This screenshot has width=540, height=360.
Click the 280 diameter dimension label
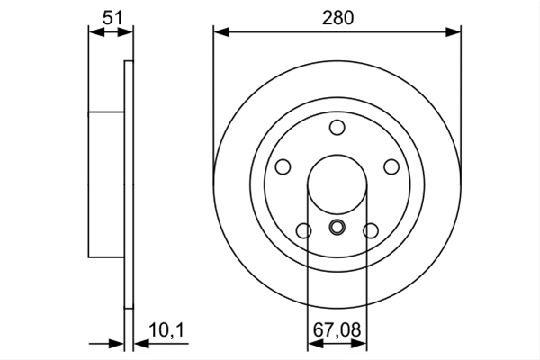(x=337, y=18)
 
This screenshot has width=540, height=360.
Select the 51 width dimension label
(x=112, y=18)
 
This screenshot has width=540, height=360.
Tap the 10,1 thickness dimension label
(x=166, y=330)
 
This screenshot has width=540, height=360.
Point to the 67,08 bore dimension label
(x=337, y=329)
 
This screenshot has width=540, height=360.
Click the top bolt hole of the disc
(x=337, y=128)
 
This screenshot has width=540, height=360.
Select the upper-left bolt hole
(x=283, y=167)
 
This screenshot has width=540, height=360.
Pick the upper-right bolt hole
(x=391, y=167)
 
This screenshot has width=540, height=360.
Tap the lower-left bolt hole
(x=304, y=230)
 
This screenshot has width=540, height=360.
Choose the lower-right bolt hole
(x=371, y=230)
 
